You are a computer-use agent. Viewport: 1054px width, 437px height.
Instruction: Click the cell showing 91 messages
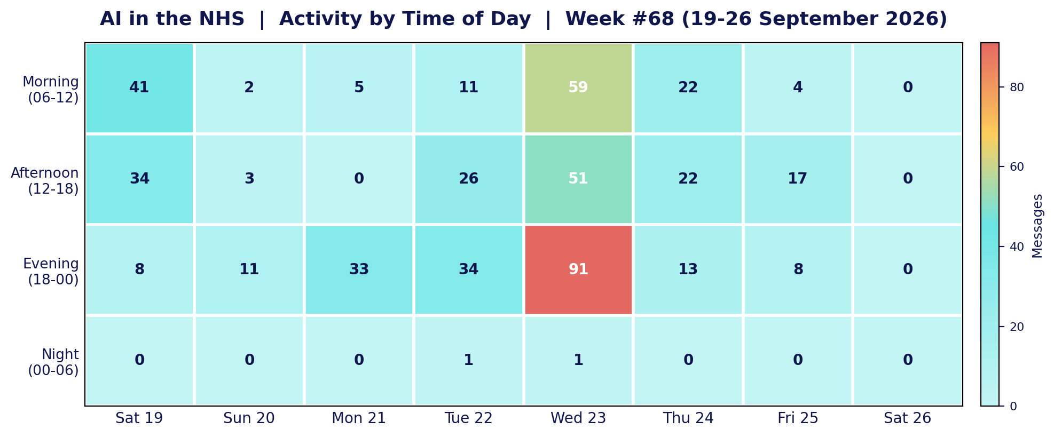[x=578, y=270]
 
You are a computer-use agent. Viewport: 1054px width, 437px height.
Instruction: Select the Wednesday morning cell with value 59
[x=578, y=88]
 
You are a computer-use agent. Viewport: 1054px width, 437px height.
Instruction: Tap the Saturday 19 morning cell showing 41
[x=139, y=88]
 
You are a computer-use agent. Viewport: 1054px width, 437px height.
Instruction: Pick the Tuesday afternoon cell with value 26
[x=468, y=179]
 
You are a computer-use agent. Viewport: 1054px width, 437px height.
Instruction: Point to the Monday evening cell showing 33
[x=359, y=270]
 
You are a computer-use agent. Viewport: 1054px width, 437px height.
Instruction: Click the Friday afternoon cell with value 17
[x=798, y=179]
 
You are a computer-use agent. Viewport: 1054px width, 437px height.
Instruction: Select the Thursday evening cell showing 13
[x=688, y=270]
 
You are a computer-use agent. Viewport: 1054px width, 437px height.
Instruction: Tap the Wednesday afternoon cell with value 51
[x=578, y=179]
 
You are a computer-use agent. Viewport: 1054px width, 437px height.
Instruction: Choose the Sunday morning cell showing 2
[x=249, y=88]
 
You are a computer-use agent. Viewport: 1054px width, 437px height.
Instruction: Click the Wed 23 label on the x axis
[x=578, y=418]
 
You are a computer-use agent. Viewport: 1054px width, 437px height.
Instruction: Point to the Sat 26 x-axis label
[x=908, y=418]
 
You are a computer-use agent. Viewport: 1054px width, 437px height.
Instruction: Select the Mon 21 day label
[x=359, y=418]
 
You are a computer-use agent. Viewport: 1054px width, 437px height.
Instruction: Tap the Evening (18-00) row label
[x=51, y=272]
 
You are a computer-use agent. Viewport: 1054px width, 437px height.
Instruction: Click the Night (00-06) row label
[x=53, y=362]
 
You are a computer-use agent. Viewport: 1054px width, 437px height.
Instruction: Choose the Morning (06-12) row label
[x=51, y=90]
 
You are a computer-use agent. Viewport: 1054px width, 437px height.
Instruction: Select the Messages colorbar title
[x=1037, y=226]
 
